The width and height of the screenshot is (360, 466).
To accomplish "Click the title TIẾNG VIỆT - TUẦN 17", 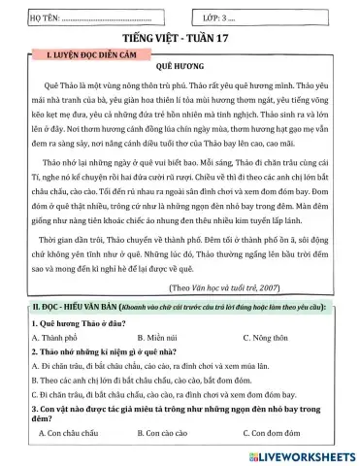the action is [x=180, y=35].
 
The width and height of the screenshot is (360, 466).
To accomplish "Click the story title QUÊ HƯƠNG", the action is [x=180, y=70].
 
